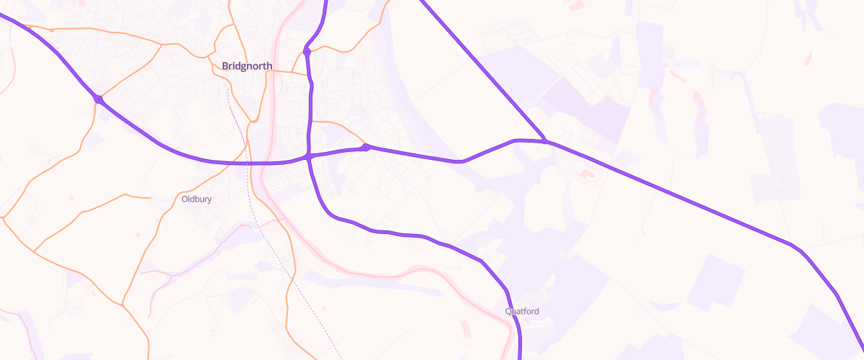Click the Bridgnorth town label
tap(247, 66)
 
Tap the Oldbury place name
tap(197, 199)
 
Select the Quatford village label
tap(522, 312)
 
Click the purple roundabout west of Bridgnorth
tap(98, 99)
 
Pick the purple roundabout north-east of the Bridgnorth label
tap(307, 51)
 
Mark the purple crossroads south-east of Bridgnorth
tap(308, 156)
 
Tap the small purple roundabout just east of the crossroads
tap(366, 148)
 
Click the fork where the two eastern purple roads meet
tap(545, 141)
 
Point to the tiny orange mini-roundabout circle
tap(52, 30)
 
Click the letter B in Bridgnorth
tap(225, 66)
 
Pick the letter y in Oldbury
tap(210, 200)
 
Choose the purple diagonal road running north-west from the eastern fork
tap(482, 72)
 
